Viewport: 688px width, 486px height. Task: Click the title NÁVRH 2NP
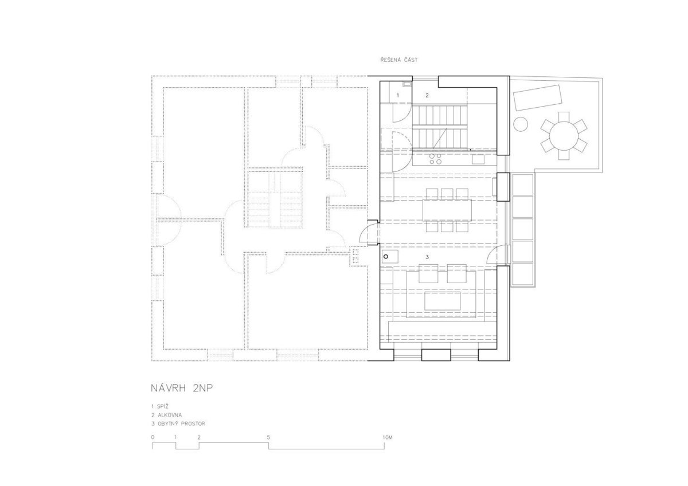tap(182, 389)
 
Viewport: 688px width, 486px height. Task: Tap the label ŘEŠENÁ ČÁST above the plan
tap(399, 60)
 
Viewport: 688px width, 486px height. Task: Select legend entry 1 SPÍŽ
tap(160, 406)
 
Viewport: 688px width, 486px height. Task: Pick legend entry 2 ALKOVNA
tap(166, 415)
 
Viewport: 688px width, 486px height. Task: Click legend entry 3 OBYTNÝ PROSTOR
tap(178, 424)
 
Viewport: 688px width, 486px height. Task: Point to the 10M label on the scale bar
tap(388, 437)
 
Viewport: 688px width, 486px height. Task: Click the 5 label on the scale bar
tap(268, 437)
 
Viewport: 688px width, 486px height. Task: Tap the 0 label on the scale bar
tap(153, 437)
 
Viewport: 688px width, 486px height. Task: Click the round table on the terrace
tap(564, 136)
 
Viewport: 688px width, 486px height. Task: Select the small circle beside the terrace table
tap(521, 124)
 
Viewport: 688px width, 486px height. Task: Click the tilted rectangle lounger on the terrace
tap(538, 97)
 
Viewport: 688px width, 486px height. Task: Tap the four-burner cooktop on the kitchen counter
tap(436, 159)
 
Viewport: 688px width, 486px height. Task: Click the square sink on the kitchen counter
tap(478, 159)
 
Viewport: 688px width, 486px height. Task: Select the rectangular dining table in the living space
tap(447, 210)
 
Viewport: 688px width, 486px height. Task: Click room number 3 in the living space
tap(427, 257)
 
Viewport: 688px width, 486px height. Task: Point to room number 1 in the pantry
tap(398, 96)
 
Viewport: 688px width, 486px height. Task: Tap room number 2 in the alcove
tap(427, 96)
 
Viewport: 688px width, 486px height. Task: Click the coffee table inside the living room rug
tap(442, 301)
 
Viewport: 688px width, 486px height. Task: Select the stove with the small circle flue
tap(390, 257)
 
